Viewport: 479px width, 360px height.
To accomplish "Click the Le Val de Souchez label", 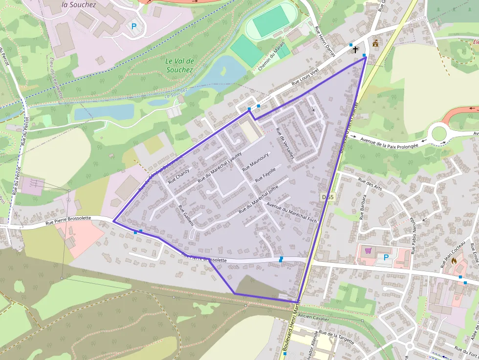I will click(x=179, y=65).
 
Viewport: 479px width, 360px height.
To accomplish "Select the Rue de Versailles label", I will click(x=285, y=143).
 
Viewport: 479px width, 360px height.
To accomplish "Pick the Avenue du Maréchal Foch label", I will click(x=292, y=213).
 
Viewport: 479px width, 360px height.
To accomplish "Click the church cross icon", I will click(x=355, y=49).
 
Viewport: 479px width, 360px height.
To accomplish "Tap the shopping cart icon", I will click(x=368, y=251).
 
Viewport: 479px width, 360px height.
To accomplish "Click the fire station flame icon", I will click(x=454, y=261).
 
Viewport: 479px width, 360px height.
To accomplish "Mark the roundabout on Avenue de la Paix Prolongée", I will click(x=438, y=133).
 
